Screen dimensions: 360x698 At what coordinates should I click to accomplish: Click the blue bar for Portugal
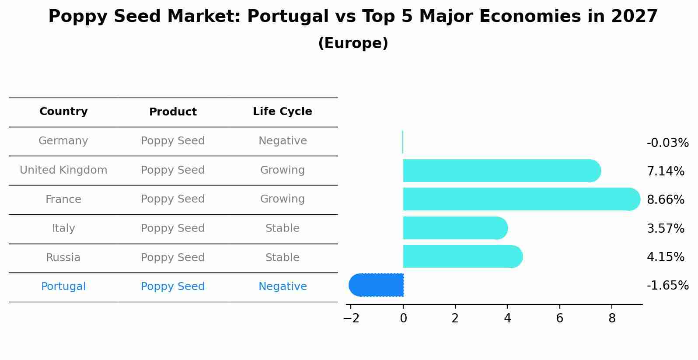[376, 285]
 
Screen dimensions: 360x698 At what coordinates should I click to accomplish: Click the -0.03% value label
[667, 143]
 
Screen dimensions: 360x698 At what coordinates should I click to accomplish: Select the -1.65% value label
[667, 286]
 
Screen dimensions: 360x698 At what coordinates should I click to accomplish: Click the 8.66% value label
[665, 200]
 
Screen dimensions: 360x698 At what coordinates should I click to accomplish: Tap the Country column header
[63, 112]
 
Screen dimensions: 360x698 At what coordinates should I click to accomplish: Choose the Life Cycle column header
[282, 112]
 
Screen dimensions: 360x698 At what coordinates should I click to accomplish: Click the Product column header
[173, 112]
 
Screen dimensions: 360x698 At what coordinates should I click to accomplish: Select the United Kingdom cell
[63, 170]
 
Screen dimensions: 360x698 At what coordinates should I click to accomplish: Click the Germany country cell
[63, 141]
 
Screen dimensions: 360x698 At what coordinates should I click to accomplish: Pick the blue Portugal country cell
[63, 287]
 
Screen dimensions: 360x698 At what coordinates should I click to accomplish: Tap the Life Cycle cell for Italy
[282, 228]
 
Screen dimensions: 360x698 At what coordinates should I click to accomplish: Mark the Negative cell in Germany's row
[282, 141]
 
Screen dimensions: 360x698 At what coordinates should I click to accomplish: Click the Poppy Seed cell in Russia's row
[173, 258]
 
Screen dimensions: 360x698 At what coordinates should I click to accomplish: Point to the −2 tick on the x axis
[351, 318]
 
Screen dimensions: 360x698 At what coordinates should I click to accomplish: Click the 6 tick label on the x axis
[559, 318]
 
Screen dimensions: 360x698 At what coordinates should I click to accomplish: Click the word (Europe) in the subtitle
[353, 43]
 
